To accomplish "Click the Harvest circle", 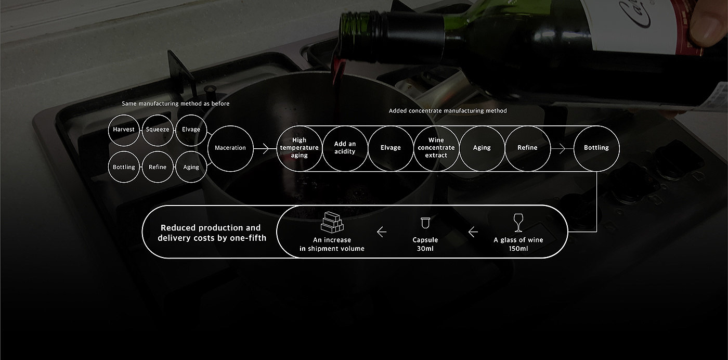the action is pyautogui.click(x=124, y=130).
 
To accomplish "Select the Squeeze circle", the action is pyautogui.click(x=158, y=130).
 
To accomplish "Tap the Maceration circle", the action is pyautogui.click(x=230, y=148).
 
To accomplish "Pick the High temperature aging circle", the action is pyautogui.click(x=299, y=148).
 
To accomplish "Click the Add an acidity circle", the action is pyautogui.click(x=345, y=148).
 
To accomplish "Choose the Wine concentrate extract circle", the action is pyautogui.click(x=436, y=148).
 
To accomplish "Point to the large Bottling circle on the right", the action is pyautogui.click(x=596, y=148).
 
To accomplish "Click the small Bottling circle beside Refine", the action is pyautogui.click(x=124, y=167).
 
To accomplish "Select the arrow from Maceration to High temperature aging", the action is pyautogui.click(x=265, y=148).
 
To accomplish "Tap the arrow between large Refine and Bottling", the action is pyautogui.click(x=558, y=148).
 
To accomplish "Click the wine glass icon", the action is pyautogui.click(x=518, y=223).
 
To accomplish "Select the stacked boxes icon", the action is pyautogui.click(x=332, y=222).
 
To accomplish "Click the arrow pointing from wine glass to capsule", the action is pyautogui.click(x=473, y=232).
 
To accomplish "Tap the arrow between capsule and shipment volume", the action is pyautogui.click(x=381, y=232).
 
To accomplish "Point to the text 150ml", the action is pyautogui.click(x=518, y=249).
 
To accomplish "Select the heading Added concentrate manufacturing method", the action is pyautogui.click(x=448, y=111).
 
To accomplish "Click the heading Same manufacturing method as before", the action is pyautogui.click(x=175, y=104).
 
